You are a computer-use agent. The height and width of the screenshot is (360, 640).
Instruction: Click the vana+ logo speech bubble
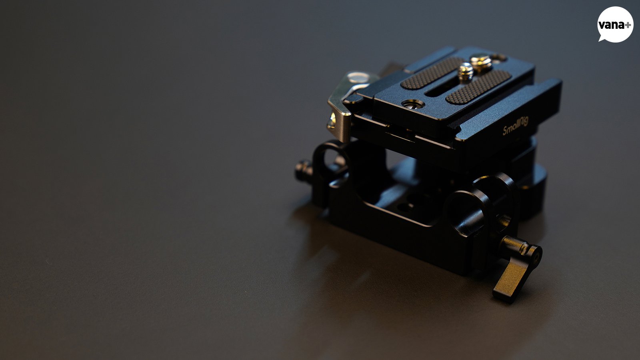pos(615,24)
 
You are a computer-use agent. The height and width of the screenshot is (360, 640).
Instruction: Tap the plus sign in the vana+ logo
pos(628,25)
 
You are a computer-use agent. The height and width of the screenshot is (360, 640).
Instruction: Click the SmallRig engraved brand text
pos(516,126)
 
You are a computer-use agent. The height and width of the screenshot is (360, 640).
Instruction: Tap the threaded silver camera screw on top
pos(466,72)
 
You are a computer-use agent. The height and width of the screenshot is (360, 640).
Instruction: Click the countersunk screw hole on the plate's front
pos(413,104)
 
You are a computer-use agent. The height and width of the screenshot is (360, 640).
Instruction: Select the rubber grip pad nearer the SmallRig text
pos(478,87)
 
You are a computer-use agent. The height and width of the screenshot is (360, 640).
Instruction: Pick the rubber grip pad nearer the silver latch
pos(432,73)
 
